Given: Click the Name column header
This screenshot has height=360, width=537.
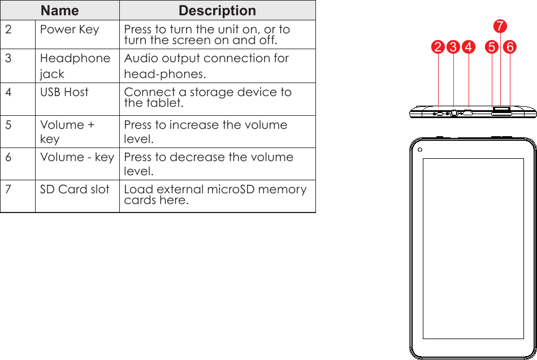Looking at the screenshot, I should (60, 11).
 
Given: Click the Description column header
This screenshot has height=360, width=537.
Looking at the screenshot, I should (217, 11).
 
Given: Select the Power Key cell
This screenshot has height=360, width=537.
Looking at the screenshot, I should (70, 29).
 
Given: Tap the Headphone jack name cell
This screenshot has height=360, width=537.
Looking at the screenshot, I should (75, 66).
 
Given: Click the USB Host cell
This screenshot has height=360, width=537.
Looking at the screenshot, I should (64, 92).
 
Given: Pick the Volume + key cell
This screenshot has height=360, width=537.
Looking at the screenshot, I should (67, 132).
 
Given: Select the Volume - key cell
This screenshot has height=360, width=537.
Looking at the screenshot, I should (77, 157).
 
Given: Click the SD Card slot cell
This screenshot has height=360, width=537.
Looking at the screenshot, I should (75, 189).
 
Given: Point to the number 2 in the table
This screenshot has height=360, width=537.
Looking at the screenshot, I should (8, 29).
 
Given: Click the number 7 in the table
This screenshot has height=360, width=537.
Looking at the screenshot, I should (8, 189).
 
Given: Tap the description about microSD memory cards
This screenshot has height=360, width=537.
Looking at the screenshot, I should (215, 195).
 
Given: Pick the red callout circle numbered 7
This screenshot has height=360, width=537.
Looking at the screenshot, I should (500, 27).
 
